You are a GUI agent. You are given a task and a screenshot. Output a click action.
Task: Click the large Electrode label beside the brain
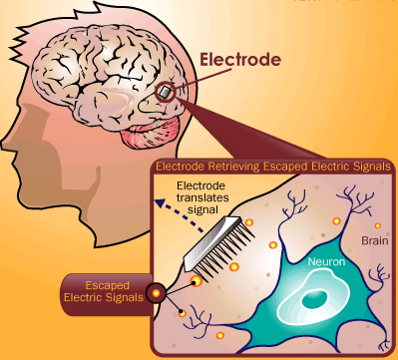pyautogui.click(x=240, y=60)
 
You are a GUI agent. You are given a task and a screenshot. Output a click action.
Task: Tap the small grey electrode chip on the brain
pyautogui.click(x=166, y=92)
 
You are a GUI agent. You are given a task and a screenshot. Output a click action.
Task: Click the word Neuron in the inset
pyautogui.click(x=326, y=262)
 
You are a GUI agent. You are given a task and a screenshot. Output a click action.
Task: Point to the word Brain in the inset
pyautogui.click(x=375, y=240)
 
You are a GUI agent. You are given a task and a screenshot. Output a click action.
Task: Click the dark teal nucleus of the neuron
pyautogui.click(x=314, y=299)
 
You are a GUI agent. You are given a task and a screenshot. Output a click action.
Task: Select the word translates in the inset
pyautogui.click(x=202, y=197)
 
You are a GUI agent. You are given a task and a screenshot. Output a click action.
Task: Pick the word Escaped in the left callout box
pyautogui.click(x=107, y=285)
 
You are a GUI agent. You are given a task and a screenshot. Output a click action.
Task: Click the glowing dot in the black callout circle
pyautogui.click(x=156, y=293)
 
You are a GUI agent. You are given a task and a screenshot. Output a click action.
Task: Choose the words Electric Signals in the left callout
pyautogui.click(x=104, y=297)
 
